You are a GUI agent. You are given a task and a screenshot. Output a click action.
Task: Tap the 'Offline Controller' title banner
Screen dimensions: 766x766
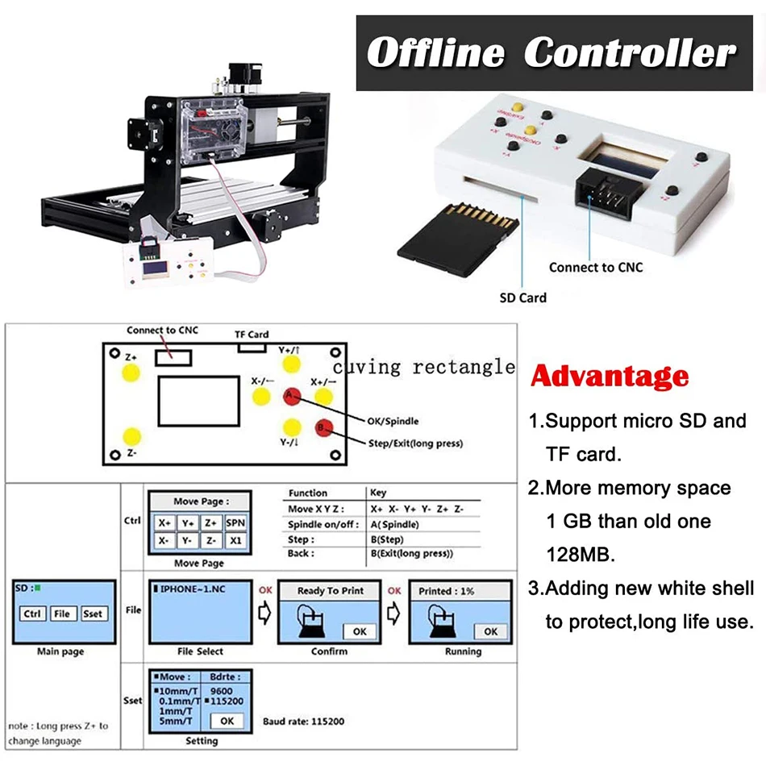coord(552,53)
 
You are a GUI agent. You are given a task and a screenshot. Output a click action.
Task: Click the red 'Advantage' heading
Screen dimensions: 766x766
coord(610,376)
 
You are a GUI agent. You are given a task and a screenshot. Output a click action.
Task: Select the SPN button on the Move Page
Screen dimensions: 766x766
coord(235,522)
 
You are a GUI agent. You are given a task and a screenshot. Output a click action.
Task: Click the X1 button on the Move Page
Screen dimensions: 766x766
coord(235,540)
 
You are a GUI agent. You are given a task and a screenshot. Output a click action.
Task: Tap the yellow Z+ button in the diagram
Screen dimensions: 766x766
coord(131,371)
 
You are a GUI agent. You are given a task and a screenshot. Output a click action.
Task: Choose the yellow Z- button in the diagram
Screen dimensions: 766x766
coord(131,437)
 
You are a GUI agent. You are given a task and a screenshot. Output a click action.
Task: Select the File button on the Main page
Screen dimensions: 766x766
coord(62,614)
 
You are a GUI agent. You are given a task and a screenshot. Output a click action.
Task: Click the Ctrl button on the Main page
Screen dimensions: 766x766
coord(32,614)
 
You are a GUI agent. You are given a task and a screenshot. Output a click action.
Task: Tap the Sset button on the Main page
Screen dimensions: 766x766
coord(93,614)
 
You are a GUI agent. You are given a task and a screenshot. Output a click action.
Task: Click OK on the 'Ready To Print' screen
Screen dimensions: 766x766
coord(360,631)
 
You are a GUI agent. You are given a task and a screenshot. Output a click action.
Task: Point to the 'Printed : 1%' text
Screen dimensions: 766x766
coord(446,591)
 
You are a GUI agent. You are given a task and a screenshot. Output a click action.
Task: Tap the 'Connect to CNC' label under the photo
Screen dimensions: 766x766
coord(596,267)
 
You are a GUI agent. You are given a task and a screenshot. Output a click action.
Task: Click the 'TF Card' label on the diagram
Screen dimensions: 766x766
coord(252,334)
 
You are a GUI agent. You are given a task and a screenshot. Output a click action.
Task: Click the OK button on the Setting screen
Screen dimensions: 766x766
coord(227,721)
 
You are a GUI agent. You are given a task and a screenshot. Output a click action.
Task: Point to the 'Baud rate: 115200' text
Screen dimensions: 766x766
coord(302,721)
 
